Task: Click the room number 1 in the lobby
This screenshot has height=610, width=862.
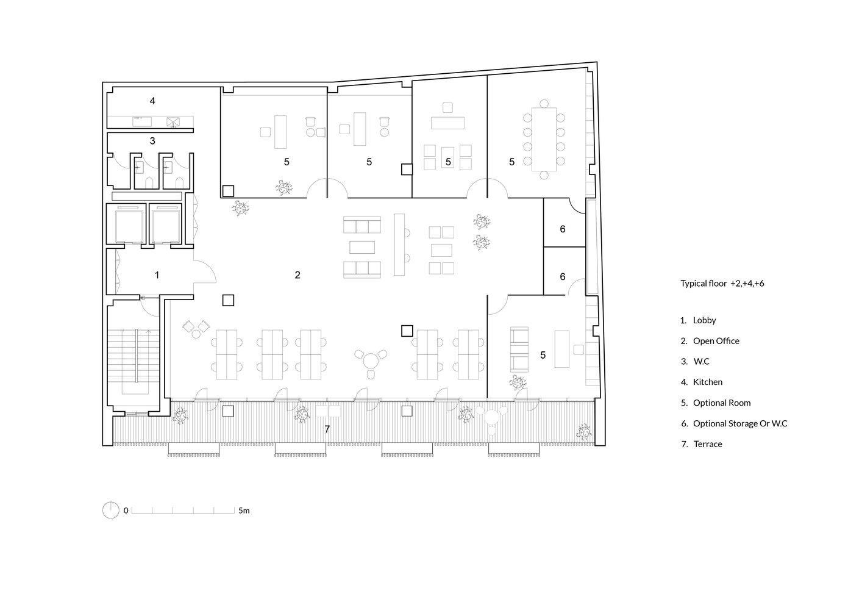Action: [x=157, y=275]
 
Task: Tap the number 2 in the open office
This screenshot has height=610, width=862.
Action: [x=297, y=275]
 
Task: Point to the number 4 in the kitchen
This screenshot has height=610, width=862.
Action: [x=152, y=101]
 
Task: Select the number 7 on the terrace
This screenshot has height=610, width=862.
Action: [x=327, y=429]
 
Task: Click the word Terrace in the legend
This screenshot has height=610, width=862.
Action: [x=708, y=444]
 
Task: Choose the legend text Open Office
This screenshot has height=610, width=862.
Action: [x=716, y=341]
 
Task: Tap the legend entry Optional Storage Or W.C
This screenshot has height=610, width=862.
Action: [x=740, y=423]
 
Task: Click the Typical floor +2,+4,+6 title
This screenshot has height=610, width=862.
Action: [x=722, y=284]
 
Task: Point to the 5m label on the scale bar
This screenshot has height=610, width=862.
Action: [x=244, y=511]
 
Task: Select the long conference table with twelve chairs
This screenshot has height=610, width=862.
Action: [x=544, y=140]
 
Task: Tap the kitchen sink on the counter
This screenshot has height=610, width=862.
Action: [x=142, y=121]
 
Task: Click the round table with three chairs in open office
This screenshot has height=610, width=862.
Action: [x=371, y=361]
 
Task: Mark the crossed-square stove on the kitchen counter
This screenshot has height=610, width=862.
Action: [x=173, y=122]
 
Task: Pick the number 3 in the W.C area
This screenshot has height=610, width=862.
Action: [x=152, y=141]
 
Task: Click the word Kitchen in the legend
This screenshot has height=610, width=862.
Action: [x=708, y=382]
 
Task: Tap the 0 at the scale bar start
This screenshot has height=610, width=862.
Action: [x=126, y=511]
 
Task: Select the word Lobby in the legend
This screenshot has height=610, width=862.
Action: [x=704, y=320]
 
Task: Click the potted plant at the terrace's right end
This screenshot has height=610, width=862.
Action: [x=584, y=431]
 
